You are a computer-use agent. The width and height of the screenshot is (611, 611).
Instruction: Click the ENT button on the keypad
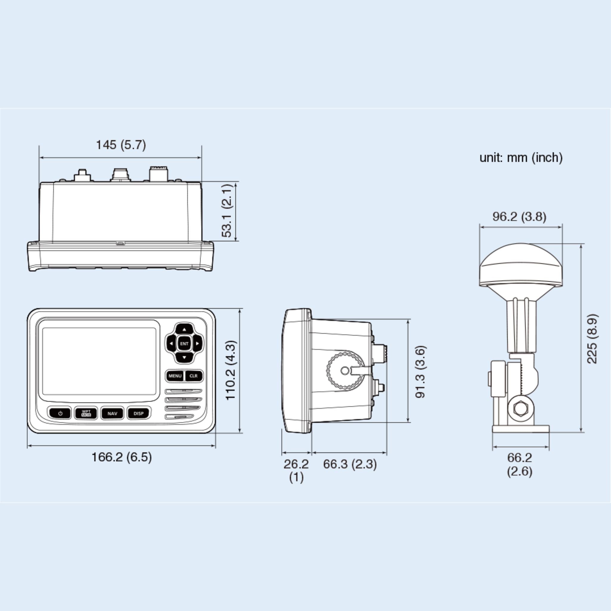coord(184,343)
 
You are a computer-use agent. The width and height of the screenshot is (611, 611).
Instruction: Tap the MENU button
coord(175,376)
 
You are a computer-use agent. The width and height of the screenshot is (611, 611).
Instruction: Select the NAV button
coord(112,413)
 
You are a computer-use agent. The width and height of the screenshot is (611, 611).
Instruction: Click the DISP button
coord(138,413)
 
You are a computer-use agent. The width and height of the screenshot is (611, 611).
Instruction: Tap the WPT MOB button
coord(86,413)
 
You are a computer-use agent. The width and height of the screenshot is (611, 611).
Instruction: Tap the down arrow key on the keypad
coord(184,358)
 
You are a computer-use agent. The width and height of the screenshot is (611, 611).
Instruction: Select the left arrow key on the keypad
coord(171,343)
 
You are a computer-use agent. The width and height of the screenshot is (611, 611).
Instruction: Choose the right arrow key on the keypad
coord(197,343)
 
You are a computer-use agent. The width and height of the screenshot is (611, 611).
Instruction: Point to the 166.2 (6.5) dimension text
coord(121,457)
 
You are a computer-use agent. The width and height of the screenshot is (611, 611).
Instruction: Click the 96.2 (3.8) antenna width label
coord(519,217)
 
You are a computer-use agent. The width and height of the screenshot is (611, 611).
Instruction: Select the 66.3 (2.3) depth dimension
coord(350,464)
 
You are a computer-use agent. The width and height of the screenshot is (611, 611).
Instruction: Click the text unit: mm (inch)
coord(521,158)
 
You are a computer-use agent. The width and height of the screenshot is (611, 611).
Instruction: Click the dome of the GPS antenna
coord(521,264)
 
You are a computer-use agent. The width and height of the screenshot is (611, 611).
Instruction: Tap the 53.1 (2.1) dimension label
coord(227,211)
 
